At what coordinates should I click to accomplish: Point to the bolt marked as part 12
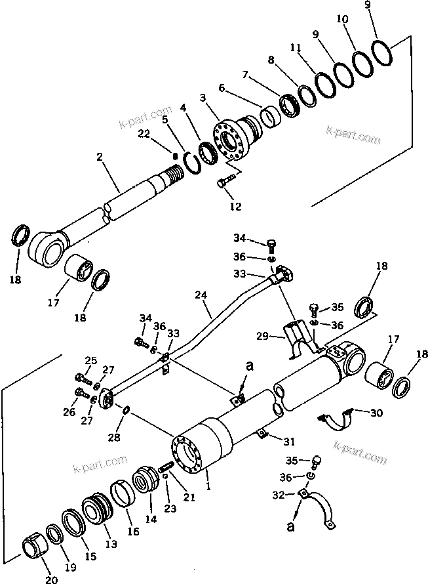[x=225, y=180]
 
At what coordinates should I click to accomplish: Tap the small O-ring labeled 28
[x=125, y=411]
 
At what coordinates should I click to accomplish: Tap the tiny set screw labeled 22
[x=176, y=156]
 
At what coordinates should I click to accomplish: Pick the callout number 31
[x=289, y=439]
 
